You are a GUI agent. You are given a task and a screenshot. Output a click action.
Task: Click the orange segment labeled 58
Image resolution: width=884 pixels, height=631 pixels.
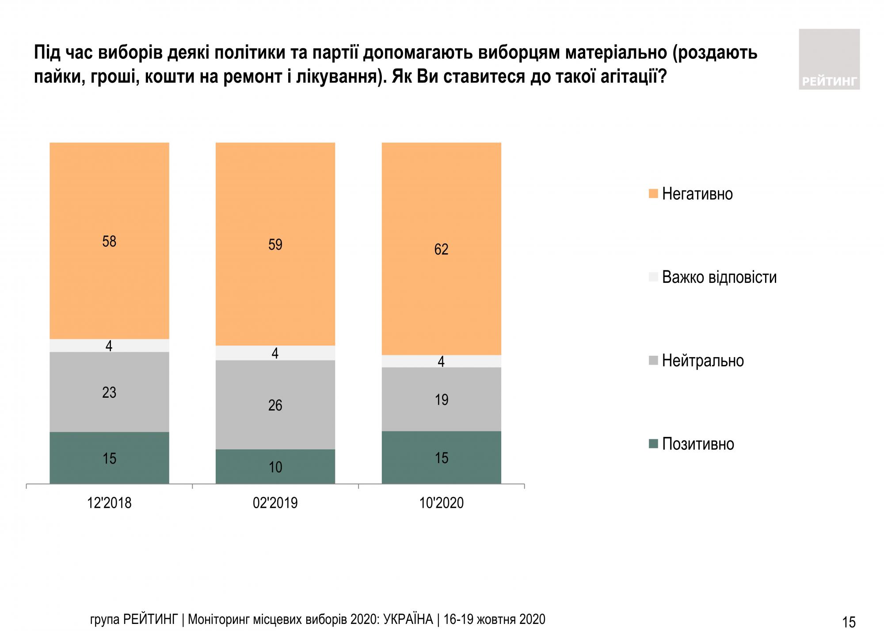[109, 241]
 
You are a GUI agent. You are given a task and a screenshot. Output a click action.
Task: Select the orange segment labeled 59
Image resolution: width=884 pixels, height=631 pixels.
[275, 244]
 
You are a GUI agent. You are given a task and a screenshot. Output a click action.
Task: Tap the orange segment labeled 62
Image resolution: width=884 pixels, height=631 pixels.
[441, 249]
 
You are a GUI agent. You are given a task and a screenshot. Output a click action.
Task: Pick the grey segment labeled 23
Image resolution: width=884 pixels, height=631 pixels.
[109, 392]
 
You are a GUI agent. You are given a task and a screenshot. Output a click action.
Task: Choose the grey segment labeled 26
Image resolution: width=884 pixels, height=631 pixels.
[275, 405]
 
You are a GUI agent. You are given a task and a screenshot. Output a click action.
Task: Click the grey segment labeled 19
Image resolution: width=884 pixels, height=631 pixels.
[441, 399]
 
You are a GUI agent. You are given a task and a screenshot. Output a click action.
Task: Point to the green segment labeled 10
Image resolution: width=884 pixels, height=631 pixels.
[275, 467]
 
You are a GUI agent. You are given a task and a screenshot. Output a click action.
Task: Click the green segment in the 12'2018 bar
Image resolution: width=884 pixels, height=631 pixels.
[109, 458]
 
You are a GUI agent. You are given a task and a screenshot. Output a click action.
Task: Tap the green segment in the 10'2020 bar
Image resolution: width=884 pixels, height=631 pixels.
[441, 457]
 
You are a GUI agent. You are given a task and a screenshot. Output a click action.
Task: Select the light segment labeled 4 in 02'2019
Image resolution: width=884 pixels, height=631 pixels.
[275, 353]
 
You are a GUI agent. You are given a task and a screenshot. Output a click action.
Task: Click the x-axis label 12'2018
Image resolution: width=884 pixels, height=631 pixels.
[109, 503]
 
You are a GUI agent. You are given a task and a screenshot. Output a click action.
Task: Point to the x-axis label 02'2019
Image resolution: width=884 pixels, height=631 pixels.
[275, 503]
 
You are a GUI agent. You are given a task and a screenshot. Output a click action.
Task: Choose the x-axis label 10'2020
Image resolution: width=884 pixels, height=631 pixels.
[441, 503]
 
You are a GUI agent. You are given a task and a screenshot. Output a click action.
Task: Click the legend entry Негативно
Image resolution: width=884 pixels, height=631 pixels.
[697, 194]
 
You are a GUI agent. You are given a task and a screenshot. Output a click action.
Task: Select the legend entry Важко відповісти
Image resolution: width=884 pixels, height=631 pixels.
[719, 277]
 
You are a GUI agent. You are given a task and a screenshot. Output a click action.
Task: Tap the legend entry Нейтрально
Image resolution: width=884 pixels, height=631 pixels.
[702, 361]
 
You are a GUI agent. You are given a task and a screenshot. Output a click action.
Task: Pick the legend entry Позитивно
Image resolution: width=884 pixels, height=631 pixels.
[697, 444]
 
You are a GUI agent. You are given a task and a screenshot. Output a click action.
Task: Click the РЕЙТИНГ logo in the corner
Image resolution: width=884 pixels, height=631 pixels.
[829, 60]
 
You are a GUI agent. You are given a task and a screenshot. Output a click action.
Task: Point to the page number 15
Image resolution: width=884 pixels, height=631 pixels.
[849, 622]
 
